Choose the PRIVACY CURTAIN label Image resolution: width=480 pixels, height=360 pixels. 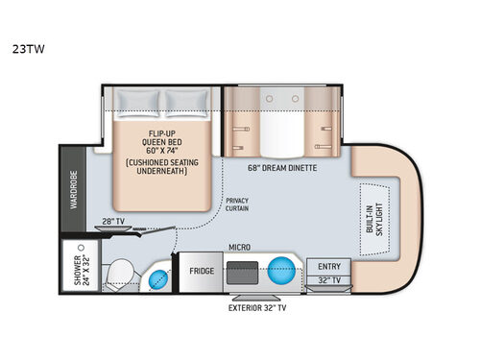tap(237, 205)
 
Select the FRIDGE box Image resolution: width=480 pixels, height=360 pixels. tap(201, 272)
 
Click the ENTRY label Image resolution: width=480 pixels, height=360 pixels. tap(330, 265)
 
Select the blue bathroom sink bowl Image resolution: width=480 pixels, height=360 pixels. tap(157, 279)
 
